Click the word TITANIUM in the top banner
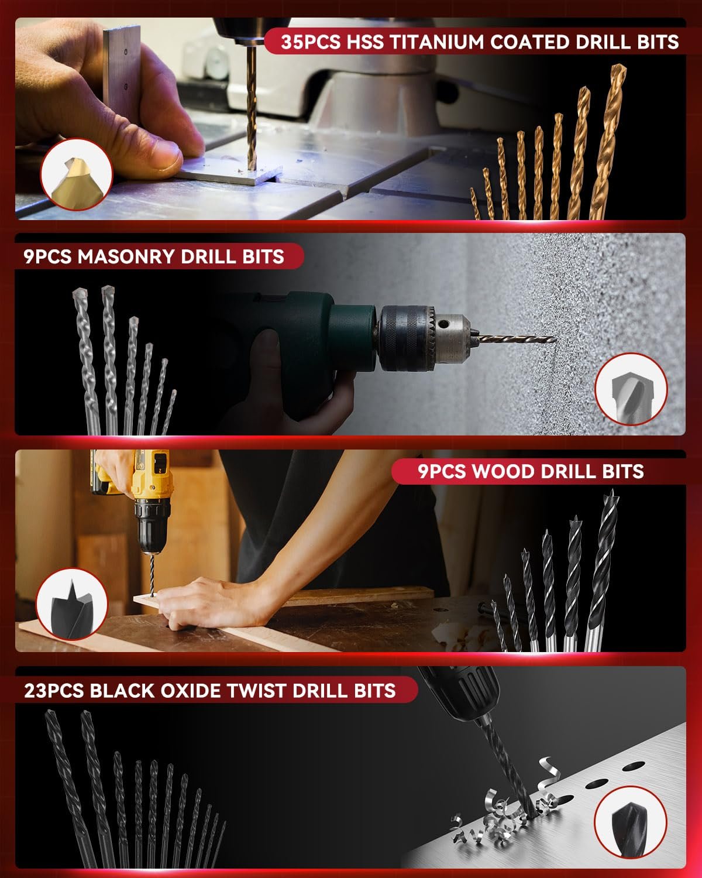(436, 42)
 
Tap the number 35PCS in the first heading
(311, 42)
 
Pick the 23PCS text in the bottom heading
(54, 691)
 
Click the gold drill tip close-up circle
(77, 174)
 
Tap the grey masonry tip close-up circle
(631, 389)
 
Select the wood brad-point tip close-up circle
(72, 604)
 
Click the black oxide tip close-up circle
(630, 822)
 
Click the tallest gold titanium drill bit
(608, 143)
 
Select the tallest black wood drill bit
(601, 571)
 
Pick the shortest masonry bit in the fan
(168, 412)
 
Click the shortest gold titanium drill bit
(475, 204)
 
